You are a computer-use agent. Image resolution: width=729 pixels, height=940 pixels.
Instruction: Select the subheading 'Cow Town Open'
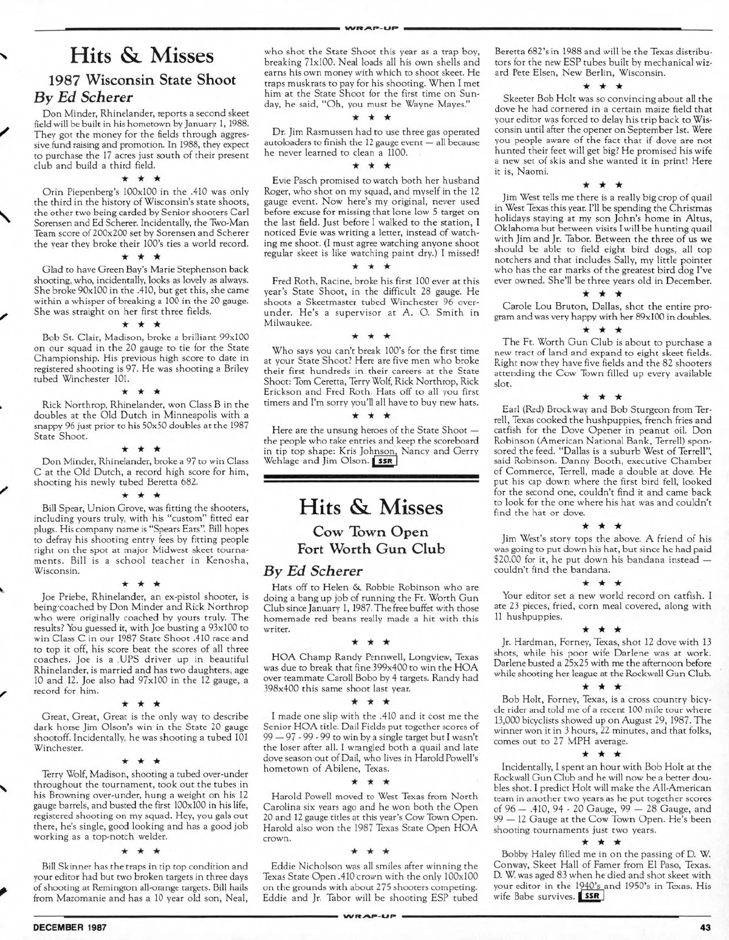click(371, 532)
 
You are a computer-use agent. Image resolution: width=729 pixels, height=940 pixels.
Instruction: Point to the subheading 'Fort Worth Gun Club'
click(371, 548)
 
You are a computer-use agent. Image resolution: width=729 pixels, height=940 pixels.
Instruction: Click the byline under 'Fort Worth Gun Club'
click(312, 571)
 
